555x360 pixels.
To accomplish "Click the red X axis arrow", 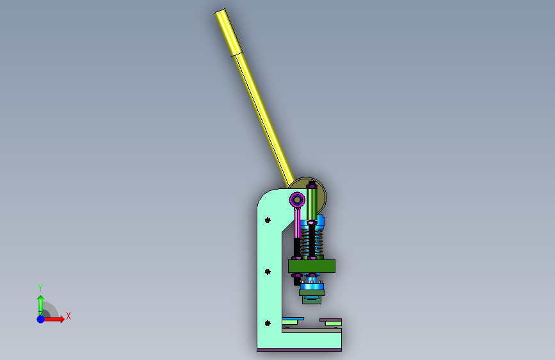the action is (x=53, y=319).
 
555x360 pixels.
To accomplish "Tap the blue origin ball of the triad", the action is (x=41, y=319).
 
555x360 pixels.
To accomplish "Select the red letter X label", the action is (x=68, y=316).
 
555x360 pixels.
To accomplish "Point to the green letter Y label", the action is (x=40, y=288).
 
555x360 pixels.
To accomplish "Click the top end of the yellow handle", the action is (x=220, y=12).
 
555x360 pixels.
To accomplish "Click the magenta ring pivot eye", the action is (x=297, y=200).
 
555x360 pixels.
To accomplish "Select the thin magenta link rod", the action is (x=297, y=223).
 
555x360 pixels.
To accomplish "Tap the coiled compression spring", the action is (x=312, y=241).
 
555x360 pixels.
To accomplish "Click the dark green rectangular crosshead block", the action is (x=312, y=266).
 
